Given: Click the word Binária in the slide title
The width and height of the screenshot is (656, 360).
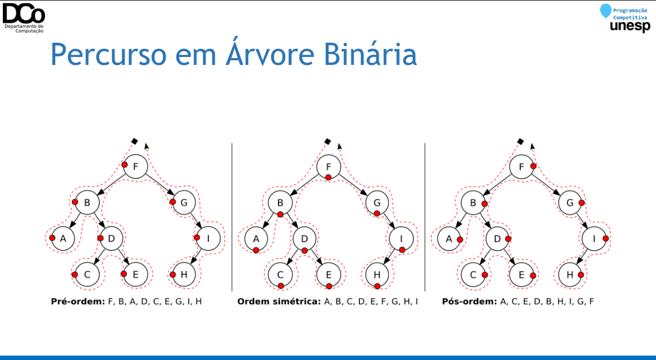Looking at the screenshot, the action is (x=370, y=54).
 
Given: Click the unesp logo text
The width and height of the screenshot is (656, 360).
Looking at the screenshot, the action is (x=630, y=26).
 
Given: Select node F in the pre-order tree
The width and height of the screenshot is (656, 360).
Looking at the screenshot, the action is (x=136, y=166).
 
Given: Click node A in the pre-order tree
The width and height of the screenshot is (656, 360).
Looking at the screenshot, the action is (x=64, y=239).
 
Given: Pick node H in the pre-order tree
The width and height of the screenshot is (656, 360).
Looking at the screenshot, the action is (x=184, y=275).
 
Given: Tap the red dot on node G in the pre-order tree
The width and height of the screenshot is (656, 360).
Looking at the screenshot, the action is (x=173, y=202).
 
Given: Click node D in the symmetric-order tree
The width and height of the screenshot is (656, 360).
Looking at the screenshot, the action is (x=305, y=239).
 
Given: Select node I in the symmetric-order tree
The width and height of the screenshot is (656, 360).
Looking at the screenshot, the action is (x=401, y=239).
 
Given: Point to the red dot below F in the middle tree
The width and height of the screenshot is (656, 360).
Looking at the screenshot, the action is (x=329, y=178).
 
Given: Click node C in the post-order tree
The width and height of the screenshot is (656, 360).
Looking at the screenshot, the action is (x=473, y=275).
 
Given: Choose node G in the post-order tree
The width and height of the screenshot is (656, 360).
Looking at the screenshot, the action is (x=570, y=203).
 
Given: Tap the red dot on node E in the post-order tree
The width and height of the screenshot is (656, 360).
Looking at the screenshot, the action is (x=533, y=276).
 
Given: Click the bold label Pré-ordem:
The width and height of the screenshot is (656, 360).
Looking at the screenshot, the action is (x=78, y=301).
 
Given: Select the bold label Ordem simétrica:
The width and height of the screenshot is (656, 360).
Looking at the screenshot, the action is (x=278, y=301).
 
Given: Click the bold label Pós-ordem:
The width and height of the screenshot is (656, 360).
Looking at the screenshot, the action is (x=469, y=301).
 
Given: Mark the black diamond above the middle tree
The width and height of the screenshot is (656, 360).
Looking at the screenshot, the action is (x=327, y=141).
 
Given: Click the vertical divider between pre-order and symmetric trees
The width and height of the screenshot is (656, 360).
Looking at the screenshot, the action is (x=232, y=217).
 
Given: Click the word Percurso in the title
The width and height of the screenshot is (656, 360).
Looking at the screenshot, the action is (x=108, y=55).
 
